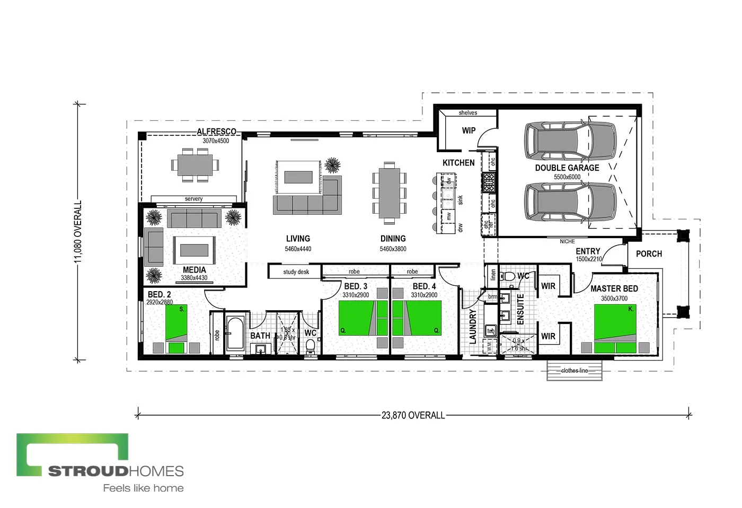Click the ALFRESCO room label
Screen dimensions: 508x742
point(216,132)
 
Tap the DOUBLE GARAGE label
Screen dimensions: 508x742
point(567,168)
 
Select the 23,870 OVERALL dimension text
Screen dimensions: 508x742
point(413,415)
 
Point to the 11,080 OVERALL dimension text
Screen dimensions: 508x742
point(78,231)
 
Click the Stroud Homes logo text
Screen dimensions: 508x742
point(116,471)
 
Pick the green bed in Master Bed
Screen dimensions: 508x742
point(615,329)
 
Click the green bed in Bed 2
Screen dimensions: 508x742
point(176,329)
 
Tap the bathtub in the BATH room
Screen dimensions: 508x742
point(235,334)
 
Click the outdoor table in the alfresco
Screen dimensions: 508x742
point(195,165)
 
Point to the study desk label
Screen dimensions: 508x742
point(296,272)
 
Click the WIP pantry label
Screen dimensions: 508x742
point(469,130)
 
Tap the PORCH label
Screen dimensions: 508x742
point(649,254)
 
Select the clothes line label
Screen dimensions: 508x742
point(575,371)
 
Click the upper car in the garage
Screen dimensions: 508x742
point(570,141)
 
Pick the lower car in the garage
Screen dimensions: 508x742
point(570,202)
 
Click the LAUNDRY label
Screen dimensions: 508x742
point(473,327)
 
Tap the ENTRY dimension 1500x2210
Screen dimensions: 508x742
point(589,259)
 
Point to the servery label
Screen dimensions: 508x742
point(193,199)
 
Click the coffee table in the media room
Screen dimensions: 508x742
point(195,250)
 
